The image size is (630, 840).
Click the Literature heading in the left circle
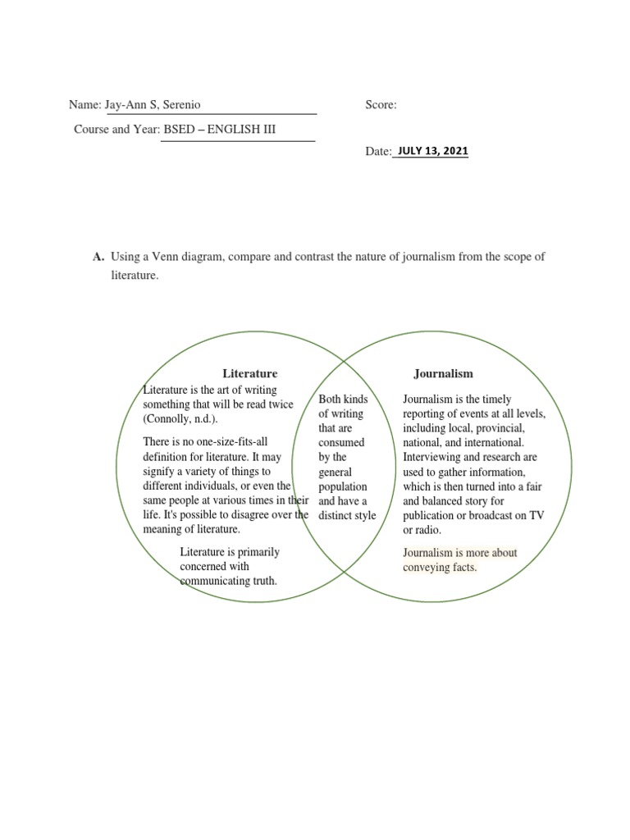pos(249,373)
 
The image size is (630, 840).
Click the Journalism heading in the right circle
pos(443,373)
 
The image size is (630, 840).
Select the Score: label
pos(381,105)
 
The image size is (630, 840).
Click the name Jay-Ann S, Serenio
pos(151,105)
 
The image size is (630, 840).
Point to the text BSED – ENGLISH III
pos(220,130)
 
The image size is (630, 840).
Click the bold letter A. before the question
pos(99,257)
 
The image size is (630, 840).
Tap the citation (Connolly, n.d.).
pos(180,419)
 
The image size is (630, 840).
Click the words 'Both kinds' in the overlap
pos(343,399)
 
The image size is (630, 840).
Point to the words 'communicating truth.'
pos(229,581)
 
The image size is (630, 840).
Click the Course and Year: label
pos(117,130)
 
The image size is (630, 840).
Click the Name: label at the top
pos(84,105)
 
